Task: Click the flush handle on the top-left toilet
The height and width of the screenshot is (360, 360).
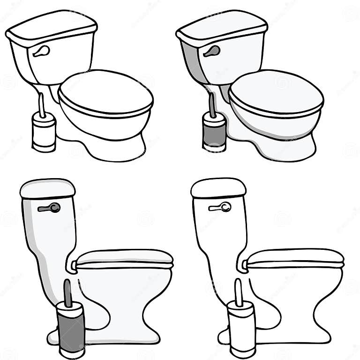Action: [x=41, y=51]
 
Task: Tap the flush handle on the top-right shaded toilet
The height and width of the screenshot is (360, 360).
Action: [x=212, y=51]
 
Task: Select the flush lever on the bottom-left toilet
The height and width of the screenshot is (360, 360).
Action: [x=49, y=208]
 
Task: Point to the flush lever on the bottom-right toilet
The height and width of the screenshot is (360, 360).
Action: [x=220, y=207]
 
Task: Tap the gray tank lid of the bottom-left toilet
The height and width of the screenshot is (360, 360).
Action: [x=47, y=188]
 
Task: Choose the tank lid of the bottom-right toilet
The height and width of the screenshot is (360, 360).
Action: [x=218, y=187]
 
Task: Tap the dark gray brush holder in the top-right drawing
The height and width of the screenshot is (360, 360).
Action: [x=214, y=134]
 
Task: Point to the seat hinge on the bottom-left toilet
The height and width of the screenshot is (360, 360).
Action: [x=72, y=266]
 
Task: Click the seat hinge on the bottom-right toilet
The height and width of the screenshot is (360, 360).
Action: [x=243, y=265]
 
